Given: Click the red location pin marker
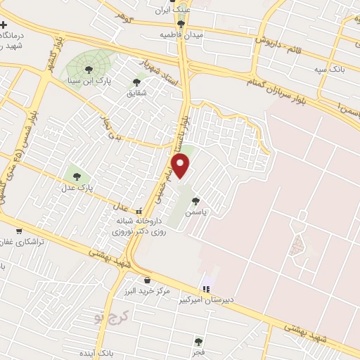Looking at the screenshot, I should [x=181, y=167].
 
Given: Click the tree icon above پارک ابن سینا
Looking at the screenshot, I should [x=89, y=68].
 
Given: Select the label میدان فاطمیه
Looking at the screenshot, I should [x=180, y=34].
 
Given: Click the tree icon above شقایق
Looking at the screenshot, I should [x=136, y=82].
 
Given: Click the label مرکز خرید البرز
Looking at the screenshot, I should [x=164, y=291].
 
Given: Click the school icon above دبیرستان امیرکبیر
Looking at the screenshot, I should [x=206, y=288].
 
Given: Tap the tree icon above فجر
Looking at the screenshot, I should [x=199, y=341].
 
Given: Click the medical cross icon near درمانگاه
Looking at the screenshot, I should [x=4, y=25].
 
